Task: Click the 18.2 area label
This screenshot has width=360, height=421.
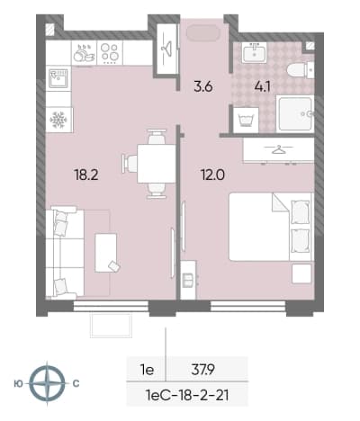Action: [86, 175]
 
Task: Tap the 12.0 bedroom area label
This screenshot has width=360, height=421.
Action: [213, 175]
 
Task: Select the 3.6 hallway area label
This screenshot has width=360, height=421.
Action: [203, 87]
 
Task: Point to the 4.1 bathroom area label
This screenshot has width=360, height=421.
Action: [262, 87]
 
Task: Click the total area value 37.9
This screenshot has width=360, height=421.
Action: [202, 370]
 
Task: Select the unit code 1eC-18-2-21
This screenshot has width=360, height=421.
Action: [187, 395]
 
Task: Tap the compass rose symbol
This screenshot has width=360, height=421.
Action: [48, 383]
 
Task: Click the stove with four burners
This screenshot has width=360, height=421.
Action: [110, 53]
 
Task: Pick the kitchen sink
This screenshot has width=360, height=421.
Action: [58, 78]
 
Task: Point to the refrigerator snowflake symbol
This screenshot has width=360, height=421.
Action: [58, 120]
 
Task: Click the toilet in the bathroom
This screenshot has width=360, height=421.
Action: [301, 71]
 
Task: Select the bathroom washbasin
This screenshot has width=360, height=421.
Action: [254, 52]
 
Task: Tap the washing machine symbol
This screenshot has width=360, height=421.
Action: [246, 120]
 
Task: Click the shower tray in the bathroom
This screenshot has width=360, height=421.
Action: [295, 113]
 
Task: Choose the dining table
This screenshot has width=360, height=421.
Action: [157, 164]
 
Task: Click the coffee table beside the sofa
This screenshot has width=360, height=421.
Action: [106, 253]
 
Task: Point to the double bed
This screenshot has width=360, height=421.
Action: [271, 227]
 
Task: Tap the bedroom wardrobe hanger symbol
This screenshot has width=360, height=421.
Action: [278, 149]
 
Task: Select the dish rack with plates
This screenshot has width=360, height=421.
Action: [84, 53]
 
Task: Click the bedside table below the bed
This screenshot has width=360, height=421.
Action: [301, 273]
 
